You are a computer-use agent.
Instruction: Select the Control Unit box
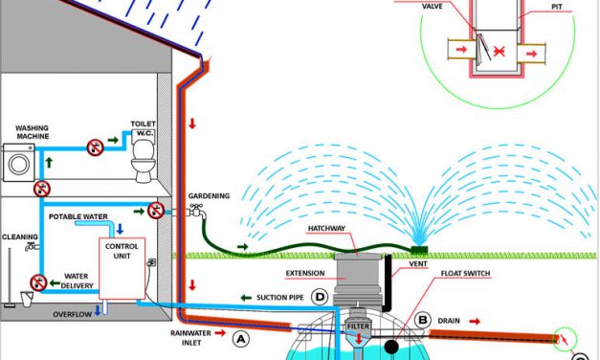[x=121, y=266]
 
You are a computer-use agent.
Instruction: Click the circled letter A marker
[x=241, y=337]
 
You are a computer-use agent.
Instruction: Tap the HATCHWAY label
[x=332, y=229]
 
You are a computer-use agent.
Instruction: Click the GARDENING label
[x=209, y=195]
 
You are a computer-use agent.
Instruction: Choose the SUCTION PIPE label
[x=278, y=298]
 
